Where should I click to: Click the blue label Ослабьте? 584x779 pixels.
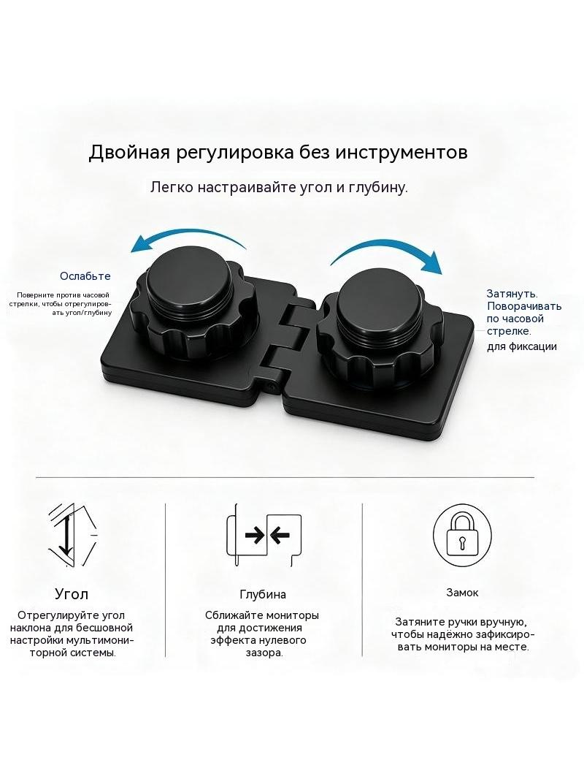pyautogui.click(x=85, y=276)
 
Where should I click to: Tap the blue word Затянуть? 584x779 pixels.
pyautogui.click(x=512, y=294)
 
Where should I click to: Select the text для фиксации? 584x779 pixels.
pyautogui.click(x=521, y=347)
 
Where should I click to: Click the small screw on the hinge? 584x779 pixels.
pyautogui.click(x=271, y=386)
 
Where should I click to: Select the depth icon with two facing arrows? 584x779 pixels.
pyautogui.click(x=264, y=536)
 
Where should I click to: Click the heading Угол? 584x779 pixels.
pyautogui.click(x=72, y=594)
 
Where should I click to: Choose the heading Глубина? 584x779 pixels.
pyautogui.click(x=263, y=594)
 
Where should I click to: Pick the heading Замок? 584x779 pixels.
pyautogui.click(x=462, y=592)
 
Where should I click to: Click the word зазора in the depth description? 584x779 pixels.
pyautogui.click(x=264, y=653)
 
